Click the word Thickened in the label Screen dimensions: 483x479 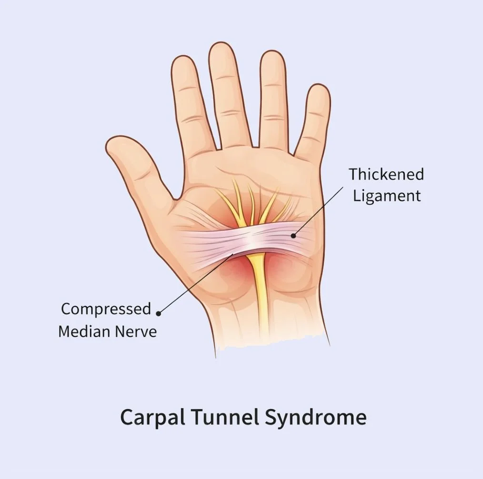tap(386, 174)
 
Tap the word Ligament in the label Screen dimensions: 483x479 tap(387, 196)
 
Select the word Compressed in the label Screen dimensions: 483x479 tap(106, 309)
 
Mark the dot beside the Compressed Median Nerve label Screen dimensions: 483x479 tap(159, 313)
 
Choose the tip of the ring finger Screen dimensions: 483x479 tap(272, 54)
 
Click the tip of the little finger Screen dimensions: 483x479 tap(319, 88)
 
